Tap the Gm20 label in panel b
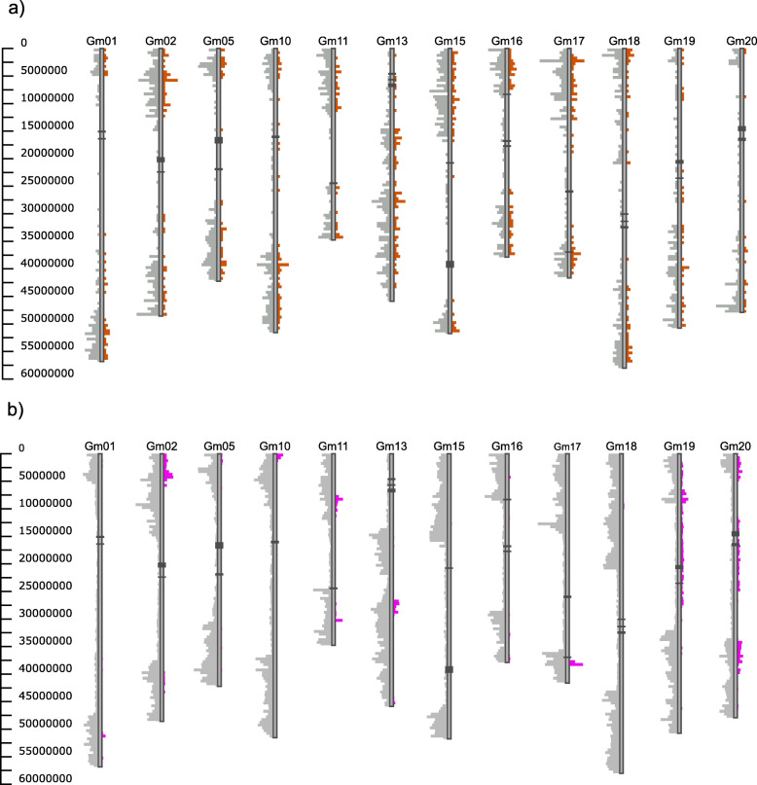click(x=735, y=446)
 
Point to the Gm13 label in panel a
click(x=391, y=41)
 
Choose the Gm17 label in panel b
click(x=566, y=446)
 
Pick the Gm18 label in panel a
click(x=623, y=41)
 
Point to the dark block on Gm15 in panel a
click(x=450, y=264)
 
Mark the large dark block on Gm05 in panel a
click(x=219, y=140)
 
